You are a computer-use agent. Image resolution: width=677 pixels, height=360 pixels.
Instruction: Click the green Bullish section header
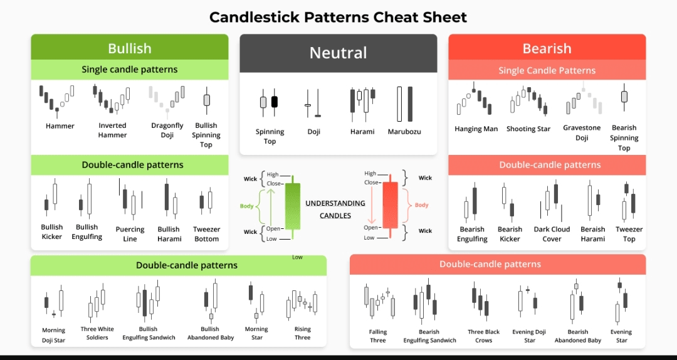(x=130, y=47)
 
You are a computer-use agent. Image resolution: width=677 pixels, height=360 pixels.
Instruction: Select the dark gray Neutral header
(x=338, y=53)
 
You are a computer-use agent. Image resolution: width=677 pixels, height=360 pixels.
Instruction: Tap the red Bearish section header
(x=547, y=47)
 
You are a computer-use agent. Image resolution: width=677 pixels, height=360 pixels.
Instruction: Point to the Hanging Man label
(x=476, y=129)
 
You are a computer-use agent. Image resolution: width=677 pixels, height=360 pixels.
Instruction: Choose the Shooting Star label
(x=528, y=129)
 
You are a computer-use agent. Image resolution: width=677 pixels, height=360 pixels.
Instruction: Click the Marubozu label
(x=404, y=131)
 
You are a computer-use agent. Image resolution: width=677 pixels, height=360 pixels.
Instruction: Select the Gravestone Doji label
(x=582, y=133)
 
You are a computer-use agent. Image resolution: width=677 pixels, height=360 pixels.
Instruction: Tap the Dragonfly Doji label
(x=167, y=130)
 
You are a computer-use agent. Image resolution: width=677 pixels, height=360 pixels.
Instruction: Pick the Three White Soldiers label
(x=97, y=333)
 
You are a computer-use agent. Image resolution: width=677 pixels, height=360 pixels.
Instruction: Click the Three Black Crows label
(x=483, y=336)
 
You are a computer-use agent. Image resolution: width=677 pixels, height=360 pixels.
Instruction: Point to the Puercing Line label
(x=130, y=234)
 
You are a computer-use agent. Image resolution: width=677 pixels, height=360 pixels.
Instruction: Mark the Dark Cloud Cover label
(x=552, y=234)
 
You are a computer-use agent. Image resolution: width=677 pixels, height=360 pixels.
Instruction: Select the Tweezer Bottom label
(x=206, y=234)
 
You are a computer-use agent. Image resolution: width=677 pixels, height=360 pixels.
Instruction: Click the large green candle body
(x=292, y=206)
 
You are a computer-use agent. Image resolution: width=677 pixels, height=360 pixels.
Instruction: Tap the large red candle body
(x=391, y=205)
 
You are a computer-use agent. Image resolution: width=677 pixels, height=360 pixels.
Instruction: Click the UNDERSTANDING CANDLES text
(x=335, y=209)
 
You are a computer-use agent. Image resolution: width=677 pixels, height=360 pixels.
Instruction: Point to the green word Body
(x=246, y=206)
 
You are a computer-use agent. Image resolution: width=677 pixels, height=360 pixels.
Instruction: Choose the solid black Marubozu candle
(x=410, y=104)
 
